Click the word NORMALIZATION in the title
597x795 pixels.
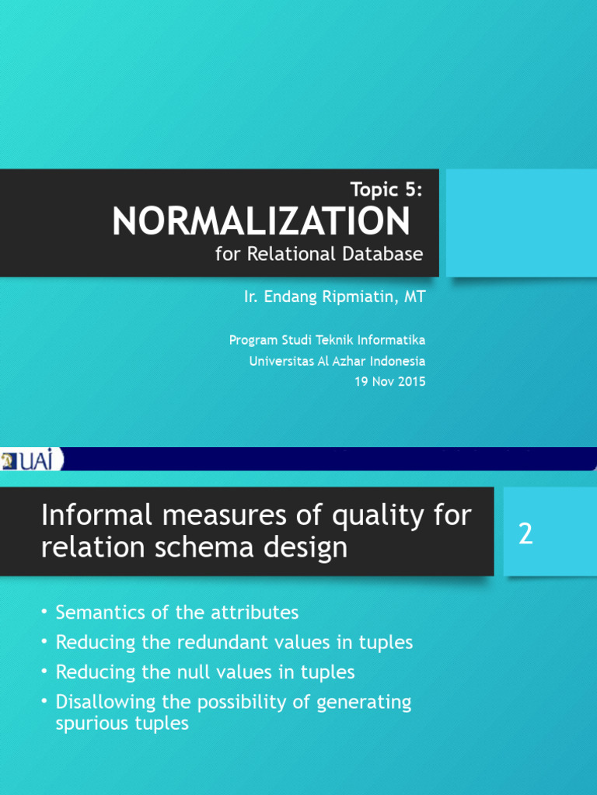260,222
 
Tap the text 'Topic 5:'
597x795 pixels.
386,189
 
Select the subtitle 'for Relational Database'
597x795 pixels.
319,254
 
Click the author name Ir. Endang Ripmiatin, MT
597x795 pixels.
334,297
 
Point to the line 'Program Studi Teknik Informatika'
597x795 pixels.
327,341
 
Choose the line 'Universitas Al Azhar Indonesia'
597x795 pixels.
337,361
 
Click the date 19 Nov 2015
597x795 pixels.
392,382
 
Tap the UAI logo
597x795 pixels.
31,460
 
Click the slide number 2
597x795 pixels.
526,534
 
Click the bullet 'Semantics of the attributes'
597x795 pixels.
177,613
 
